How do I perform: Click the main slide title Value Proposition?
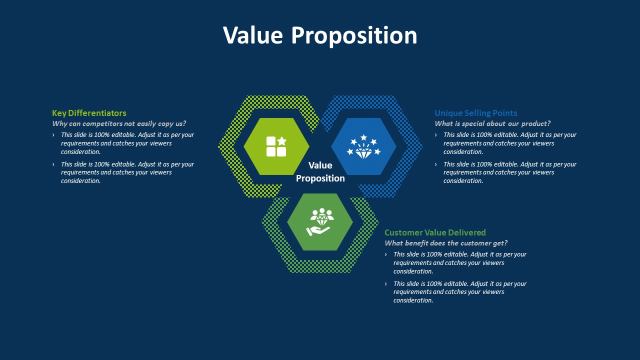click(x=320, y=35)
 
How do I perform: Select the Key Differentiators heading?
click(x=89, y=113)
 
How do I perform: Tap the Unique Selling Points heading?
click(x=475, y=113)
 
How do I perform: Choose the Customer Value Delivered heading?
click(x=435, y=232)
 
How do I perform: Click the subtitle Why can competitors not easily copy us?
click(x=119, y=123)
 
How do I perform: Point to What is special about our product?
click(x=492, y=123)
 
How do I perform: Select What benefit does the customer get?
click(x=446, y=243)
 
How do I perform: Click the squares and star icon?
click(x=276, y=146)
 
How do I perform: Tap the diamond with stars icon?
click(x=363, y=146)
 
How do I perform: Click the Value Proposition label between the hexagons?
click(x=320, y=171)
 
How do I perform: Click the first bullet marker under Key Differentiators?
click(x=53, y=135)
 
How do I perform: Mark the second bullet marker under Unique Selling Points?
click(x=436, y=164)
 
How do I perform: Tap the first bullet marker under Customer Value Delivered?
click(x=386, y=254)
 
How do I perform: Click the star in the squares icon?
click(x=281, y=141)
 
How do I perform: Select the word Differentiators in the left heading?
click(x=97, y=113)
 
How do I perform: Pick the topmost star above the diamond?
click(x=363, y=137)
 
